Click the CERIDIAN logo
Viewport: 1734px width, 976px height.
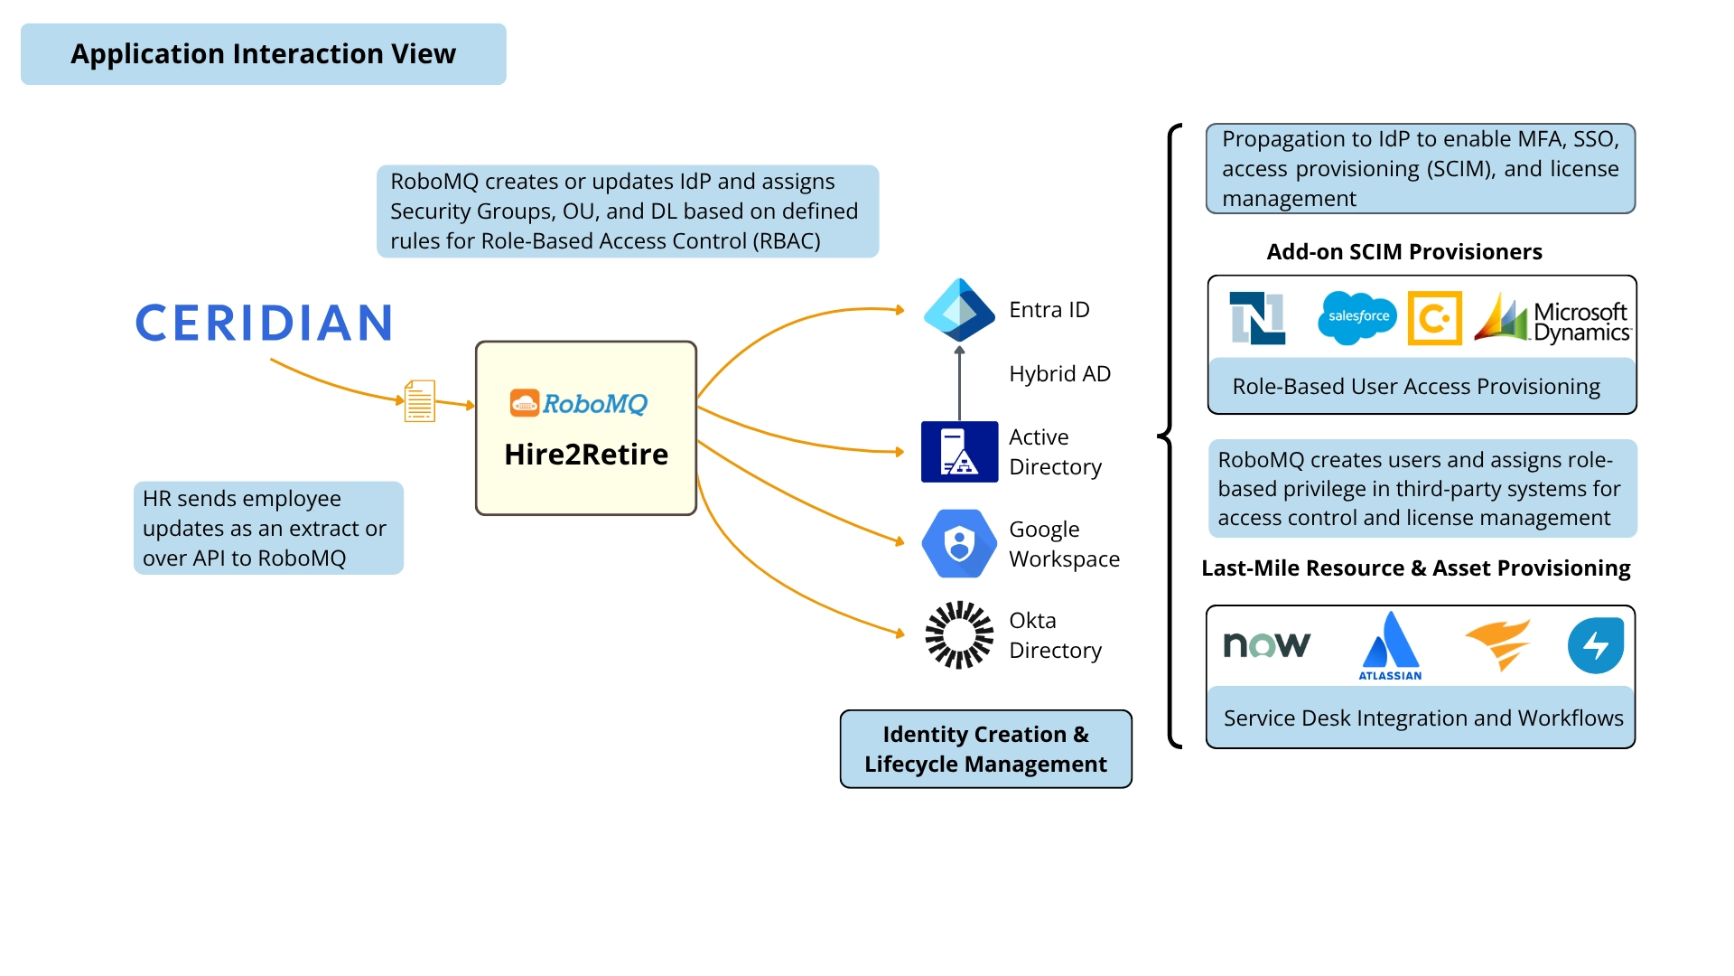click(x=264, y=323)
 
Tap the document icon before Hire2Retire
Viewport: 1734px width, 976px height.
click(x=419, y=400)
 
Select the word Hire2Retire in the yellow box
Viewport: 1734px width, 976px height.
click(x=586, y=454)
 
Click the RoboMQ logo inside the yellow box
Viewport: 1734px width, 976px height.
click(x=579, y=403)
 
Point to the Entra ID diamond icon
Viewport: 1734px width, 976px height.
click(x=959, y=309)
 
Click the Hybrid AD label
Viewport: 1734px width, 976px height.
click(x=1059, y=373)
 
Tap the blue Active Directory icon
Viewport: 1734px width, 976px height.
click(x=959, y=451)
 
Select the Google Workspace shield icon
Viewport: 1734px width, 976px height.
click(x=959, y=543)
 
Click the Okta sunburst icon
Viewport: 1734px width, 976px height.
click(x=959, y=634)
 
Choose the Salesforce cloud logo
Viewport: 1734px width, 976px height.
click(x=1356, y=317)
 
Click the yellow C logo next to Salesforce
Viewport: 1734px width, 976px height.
click(x=1434, y=318)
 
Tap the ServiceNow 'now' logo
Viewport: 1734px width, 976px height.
click(x=1266, y=644)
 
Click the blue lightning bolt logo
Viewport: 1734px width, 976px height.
click(x=1595, y=645)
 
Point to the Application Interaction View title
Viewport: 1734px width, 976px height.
click(x=263, y=54)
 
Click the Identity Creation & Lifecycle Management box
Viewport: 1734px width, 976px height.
click(x=985, y=749)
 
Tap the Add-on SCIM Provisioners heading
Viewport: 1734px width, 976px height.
click(x=1403, y=251)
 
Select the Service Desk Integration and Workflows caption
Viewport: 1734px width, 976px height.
click(x=1422, y=718)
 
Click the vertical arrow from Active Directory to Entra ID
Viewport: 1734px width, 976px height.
click(x=959, y=384)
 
